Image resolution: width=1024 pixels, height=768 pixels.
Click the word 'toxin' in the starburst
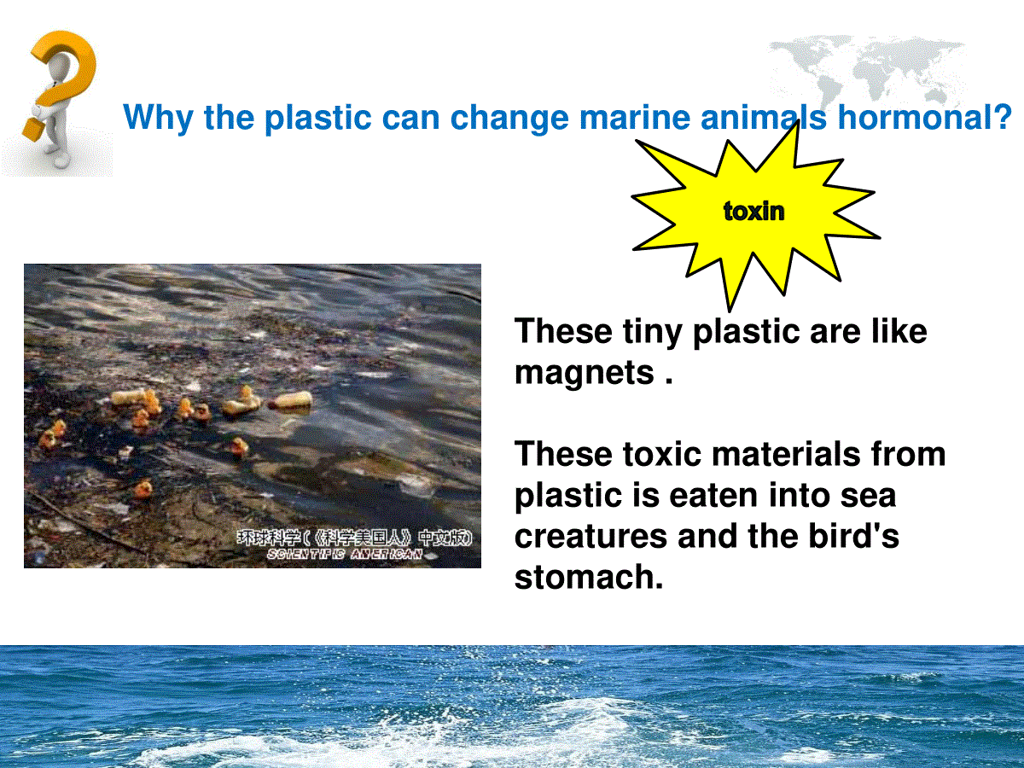click(753, 212)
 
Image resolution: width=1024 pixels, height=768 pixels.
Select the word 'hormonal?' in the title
click(925, 117)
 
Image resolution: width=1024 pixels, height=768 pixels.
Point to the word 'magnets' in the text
click(585, 373)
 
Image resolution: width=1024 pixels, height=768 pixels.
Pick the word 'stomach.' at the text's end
click(589, 577)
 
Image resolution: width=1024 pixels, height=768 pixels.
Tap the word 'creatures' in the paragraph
click(591, 537)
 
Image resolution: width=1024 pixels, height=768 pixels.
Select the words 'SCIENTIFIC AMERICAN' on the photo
click(344, 554)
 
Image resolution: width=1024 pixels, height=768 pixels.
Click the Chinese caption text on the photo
click(354, 538)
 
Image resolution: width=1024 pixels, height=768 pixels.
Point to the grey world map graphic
click(866, 70)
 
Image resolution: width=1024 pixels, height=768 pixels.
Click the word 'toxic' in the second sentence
click(662, 454)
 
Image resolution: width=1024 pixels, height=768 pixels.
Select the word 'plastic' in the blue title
click(317, 119)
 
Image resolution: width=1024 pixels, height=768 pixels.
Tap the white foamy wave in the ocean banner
click(513, 732)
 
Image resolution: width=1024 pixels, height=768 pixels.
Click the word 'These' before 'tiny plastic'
click(563, 331)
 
